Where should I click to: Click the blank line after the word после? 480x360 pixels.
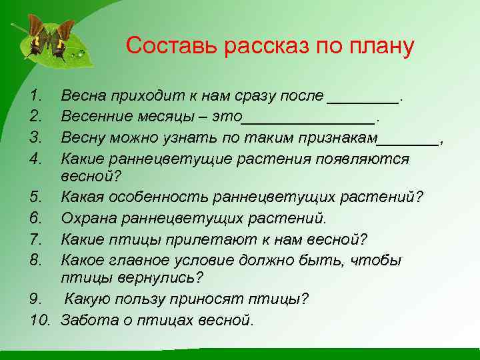tap(363, 100)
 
